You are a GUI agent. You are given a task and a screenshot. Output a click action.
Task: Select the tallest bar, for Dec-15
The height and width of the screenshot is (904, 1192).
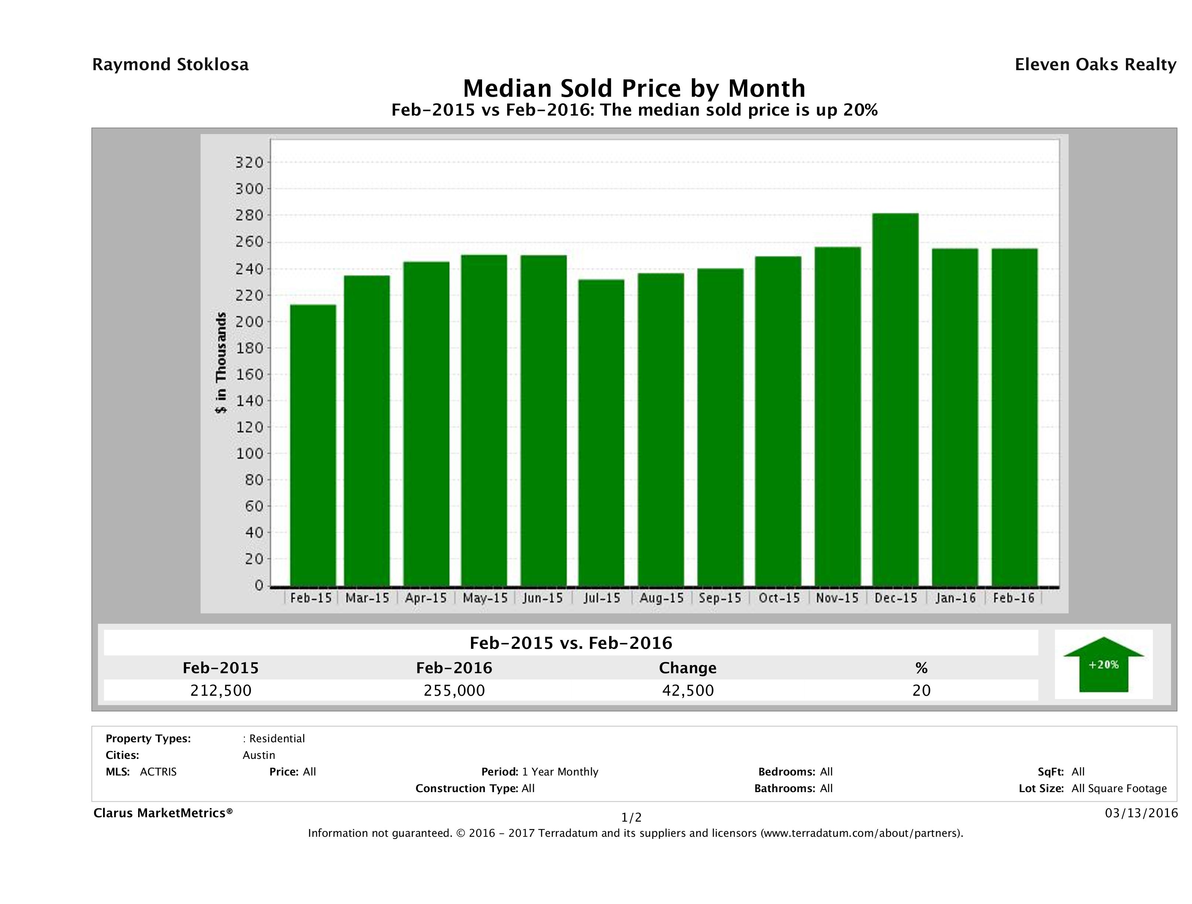pos(896,400)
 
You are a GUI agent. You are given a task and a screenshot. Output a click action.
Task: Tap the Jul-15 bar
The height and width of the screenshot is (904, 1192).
pos(601,432)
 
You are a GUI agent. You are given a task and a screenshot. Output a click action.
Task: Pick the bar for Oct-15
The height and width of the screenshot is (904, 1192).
pos(778,421)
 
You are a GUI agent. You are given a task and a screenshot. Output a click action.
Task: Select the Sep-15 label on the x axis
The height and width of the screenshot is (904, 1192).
pos(720,598)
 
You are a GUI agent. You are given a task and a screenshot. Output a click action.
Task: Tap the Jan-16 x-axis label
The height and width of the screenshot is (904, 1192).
pos(956,598)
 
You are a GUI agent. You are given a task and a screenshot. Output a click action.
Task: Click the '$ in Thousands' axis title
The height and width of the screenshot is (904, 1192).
pos(221,363)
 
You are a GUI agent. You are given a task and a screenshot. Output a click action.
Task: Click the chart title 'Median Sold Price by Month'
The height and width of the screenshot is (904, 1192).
pos(634,88)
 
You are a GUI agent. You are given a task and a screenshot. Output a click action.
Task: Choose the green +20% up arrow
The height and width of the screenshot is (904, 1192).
pos(1103,664)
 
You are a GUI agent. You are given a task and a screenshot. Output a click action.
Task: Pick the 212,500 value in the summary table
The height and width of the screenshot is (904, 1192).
pos(221,690)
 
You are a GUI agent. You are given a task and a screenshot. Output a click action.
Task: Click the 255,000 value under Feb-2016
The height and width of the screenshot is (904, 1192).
pos(454,690)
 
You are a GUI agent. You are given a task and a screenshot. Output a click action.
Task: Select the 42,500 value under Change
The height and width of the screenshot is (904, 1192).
pos(688,690)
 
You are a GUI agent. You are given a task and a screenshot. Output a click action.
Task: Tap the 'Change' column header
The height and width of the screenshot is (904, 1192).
pos(688,668)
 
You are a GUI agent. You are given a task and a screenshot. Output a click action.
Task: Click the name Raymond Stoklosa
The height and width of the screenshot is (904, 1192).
pos(170,65)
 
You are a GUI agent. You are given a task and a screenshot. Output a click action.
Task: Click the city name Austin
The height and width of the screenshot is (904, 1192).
pos(259,755)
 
